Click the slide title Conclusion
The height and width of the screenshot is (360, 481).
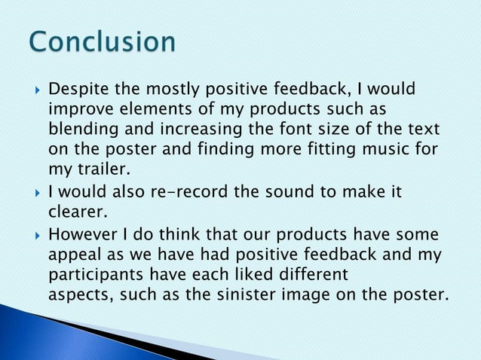[x=103, y=41]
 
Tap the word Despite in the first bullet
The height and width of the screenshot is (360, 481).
[x=77, y=91]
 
